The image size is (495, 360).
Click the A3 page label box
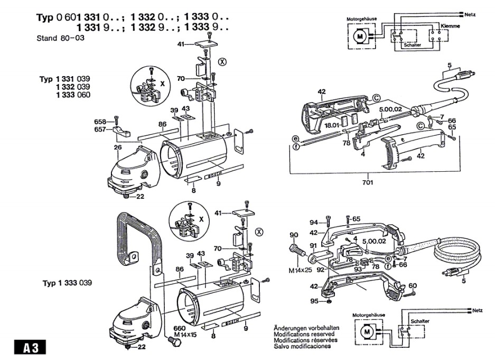(30, 348)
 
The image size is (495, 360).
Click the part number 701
(368, 182)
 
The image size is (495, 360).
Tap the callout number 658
(100, 121)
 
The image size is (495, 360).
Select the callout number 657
(100, 129)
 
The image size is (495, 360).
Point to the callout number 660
(180, 327)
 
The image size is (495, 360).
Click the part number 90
(294, 235)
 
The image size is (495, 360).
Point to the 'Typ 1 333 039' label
(67, 283)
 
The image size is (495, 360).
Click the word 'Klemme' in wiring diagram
(450, 25)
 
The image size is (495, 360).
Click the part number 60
(413, 286)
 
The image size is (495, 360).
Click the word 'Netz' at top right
(470, 12)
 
